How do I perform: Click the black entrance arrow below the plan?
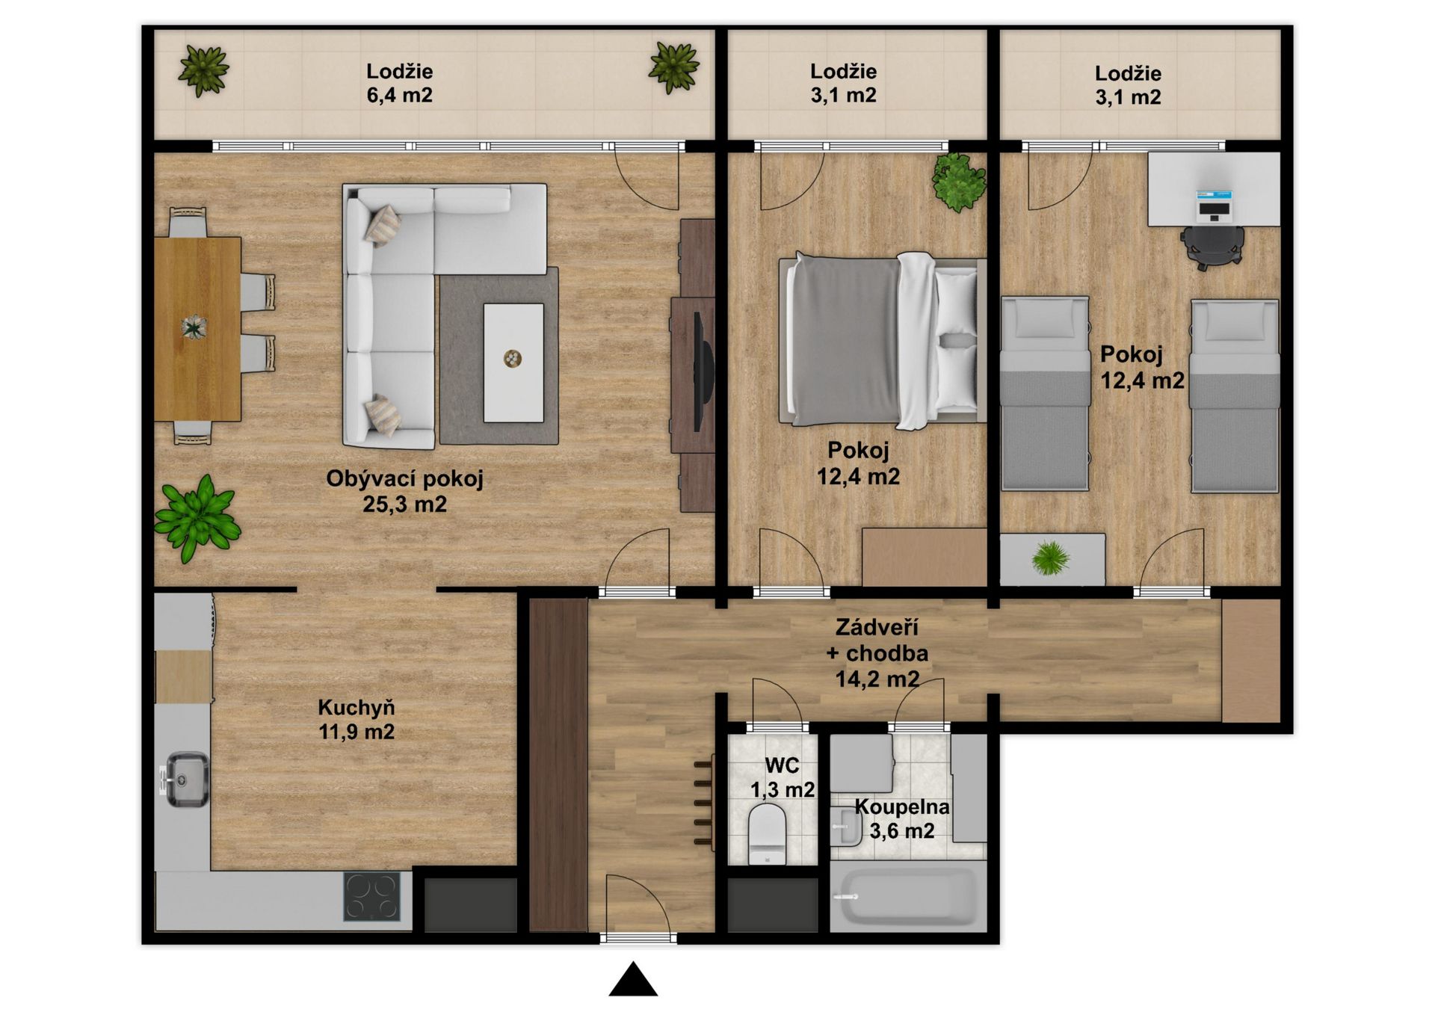[633, 980]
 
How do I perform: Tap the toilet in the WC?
[767, 833]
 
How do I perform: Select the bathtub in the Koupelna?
[907, 898]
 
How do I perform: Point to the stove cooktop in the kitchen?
[371, 896]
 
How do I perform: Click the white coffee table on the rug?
[513, 362]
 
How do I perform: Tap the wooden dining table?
[198, 329]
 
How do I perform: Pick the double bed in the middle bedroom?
[882, 341]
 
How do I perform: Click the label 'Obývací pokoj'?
[404, 478]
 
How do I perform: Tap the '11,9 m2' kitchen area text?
[357, 732]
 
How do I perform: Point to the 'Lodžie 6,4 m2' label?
[399, 83]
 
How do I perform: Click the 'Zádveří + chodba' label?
[877, 640]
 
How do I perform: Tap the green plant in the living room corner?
[197, 516]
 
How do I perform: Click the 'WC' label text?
[782, 765]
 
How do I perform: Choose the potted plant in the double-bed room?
[958, 182]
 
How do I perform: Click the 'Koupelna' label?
[902, 807]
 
